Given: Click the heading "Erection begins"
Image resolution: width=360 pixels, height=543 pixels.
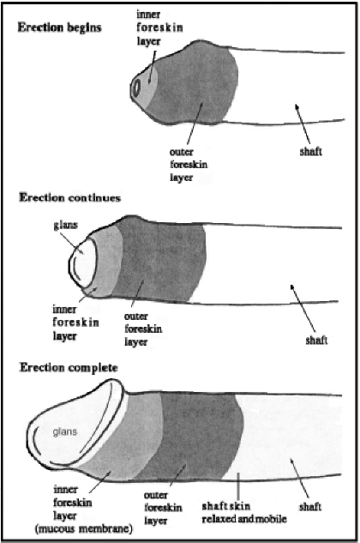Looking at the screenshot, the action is (59, 27).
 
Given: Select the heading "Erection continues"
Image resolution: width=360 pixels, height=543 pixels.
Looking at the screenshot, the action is (70, 198).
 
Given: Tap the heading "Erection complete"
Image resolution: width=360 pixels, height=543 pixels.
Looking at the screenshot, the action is (69, 368).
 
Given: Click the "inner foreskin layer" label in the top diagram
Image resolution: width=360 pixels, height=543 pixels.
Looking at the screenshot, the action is (159, 27).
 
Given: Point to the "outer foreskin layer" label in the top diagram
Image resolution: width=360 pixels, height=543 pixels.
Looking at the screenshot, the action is (189, 165).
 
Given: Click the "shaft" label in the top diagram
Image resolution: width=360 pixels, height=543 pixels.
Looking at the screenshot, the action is (311, 151).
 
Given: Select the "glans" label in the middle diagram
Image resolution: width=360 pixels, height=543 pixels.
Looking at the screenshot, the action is (65, 226).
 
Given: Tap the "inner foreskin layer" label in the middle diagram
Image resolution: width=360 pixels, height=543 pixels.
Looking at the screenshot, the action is (75, 323).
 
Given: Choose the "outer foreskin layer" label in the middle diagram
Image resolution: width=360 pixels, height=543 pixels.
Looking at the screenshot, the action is (143, 329).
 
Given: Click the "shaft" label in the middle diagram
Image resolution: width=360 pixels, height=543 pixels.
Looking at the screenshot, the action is (316, 340).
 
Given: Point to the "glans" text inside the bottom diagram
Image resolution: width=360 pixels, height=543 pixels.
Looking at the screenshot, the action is (65, 432).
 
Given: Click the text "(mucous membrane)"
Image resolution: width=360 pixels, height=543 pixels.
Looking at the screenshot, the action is (84, 528).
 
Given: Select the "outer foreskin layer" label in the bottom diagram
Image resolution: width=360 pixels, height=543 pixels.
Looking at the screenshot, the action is (163, 508).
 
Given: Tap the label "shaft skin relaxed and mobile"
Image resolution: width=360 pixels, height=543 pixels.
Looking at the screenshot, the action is (244, 512).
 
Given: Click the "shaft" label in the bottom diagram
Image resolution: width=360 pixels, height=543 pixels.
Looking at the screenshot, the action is (310, 507).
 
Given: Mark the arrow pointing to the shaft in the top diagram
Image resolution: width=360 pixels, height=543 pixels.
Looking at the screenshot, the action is (303, 124).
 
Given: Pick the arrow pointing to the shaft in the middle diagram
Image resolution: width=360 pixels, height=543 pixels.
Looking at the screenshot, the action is (303, 308).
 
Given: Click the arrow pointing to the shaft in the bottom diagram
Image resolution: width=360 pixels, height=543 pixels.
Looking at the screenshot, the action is (299, 479).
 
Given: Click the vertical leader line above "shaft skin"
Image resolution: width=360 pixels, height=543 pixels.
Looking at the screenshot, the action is (238, 486).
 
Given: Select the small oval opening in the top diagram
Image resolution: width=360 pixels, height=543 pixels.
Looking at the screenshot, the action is (136, 88).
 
